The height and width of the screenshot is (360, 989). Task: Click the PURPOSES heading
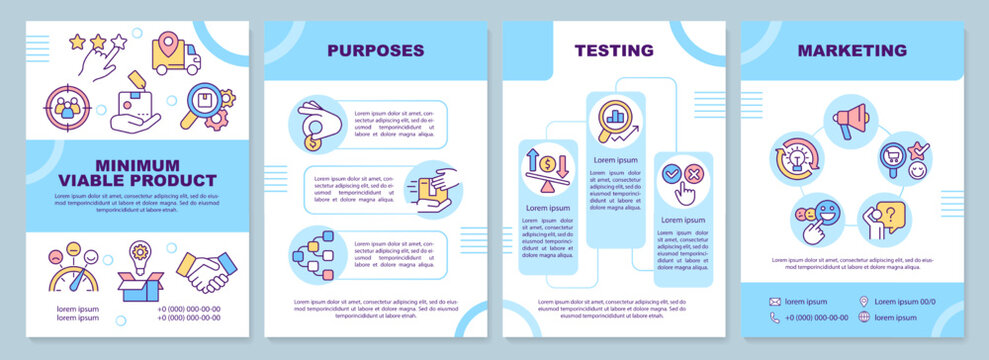pyautogui.click(x=377, y=50)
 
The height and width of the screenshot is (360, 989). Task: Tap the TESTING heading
pyautogui.click(x=614, y=50)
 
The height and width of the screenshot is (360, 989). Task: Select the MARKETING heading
pyautogui.click(x=853, y=50)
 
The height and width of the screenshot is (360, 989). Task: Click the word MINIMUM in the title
pyautogui.click(x=139, y=164)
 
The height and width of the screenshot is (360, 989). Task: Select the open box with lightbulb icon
pyautogui.click(x=139, y=273)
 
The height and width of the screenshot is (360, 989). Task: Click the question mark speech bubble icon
pyautogui.click(x=883, y=217)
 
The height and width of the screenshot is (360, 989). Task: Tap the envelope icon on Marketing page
pyautogui.click(x=775, y=301)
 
